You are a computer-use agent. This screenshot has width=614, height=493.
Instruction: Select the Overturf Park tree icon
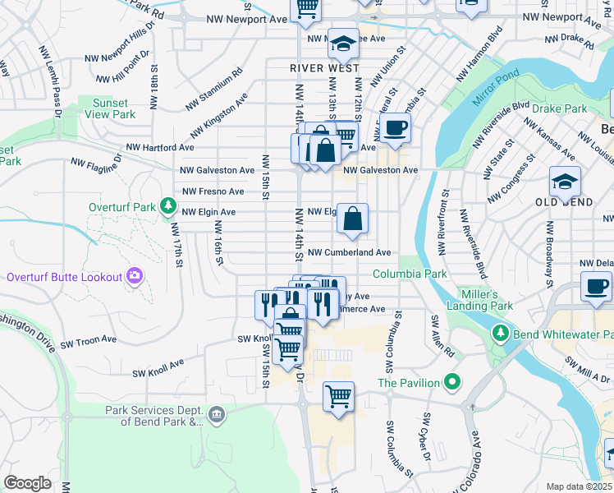tap(168, 204)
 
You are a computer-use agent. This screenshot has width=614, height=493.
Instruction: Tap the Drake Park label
tap(559, 108)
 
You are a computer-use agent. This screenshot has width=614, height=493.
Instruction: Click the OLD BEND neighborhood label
tap(564, 202)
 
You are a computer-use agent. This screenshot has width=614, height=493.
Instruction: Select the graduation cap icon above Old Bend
tap(565, 180)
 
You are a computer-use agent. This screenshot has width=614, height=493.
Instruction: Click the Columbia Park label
tap(410, 274)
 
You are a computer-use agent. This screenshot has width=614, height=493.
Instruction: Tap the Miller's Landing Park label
tap(479, 300)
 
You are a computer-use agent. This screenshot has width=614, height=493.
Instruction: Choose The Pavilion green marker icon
tap(451, 382)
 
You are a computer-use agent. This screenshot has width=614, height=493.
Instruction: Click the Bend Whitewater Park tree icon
tap(500, 334)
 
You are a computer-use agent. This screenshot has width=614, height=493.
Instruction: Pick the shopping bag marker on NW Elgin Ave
tap(352, 219)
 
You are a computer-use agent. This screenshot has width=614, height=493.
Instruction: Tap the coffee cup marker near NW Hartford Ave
tap(395, 128)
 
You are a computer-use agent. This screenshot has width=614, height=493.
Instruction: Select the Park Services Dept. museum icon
tap(217, 414)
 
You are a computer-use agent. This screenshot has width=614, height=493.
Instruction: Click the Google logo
tap(26, 483)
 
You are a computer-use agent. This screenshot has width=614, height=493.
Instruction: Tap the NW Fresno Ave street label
tap(213, 191)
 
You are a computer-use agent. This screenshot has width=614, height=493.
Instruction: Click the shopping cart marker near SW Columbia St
tap(338, 397)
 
